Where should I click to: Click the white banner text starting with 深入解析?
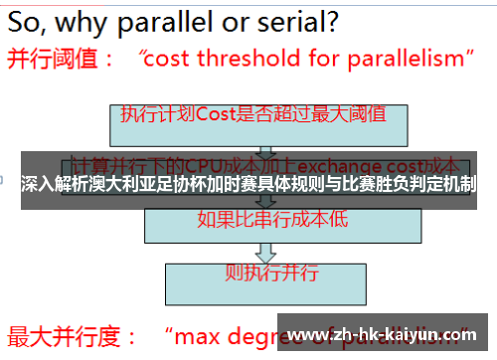[248, 184]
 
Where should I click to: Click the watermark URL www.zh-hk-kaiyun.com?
[387, 333]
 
